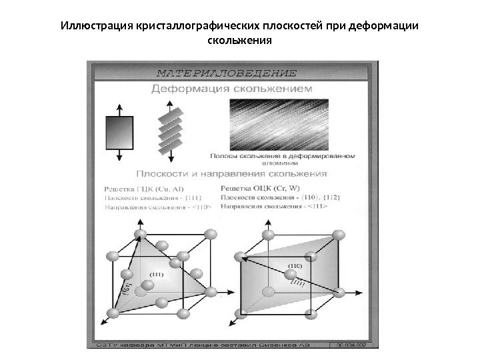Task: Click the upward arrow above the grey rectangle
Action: [121, 109]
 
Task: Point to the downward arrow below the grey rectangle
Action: [121, 155]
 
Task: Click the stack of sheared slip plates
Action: [171, 131]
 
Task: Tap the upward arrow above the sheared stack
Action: [171, 107]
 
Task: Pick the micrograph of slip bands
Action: [289, 123]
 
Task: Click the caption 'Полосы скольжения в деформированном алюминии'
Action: [283, 159]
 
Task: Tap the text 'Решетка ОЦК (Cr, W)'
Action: [257, 189]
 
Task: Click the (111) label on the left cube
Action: [157, 273]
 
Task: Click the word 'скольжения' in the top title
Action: [239, 40]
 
